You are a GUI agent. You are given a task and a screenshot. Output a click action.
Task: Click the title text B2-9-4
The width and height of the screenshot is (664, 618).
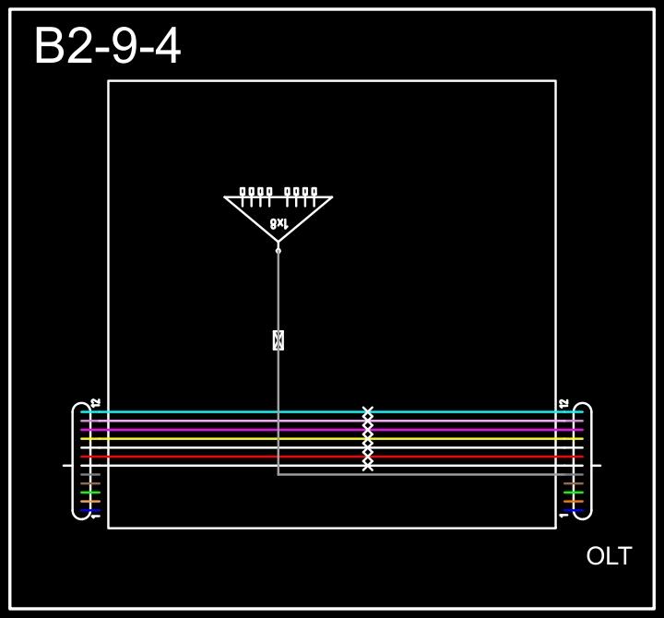pyautogui.click(x=107, y=46)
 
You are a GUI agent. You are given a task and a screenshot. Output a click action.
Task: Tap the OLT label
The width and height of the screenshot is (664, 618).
pyautogui.click(x=609, y=556)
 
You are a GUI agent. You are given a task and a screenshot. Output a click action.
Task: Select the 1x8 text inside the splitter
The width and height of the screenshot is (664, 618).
pyautogui.click(x=279, y=223)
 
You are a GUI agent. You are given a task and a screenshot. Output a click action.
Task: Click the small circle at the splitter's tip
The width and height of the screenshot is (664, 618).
pyautogui.click(x=278, y=250)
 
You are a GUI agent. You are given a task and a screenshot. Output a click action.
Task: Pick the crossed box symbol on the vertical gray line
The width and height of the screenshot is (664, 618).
pyautogui.click(x=278, y=340)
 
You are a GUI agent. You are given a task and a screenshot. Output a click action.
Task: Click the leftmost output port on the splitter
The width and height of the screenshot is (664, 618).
pyautogui.click(x=243, y=193)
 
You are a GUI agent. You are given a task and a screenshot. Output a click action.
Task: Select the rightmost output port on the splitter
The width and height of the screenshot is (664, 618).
pyautogui.click(x=314, y=193)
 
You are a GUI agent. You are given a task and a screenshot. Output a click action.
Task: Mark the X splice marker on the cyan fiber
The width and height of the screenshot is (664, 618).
pyautogui.click(x=367, y=411)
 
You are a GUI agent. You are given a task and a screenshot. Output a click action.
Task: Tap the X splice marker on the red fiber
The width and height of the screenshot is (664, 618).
pyautogui.click(x=367, y=457)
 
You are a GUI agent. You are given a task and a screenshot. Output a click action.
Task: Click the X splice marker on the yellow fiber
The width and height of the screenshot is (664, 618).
pyautogui.click(x=367, y=439)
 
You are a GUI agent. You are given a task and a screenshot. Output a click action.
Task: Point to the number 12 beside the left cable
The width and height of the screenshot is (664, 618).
pyautogui.click(x=95, y=403)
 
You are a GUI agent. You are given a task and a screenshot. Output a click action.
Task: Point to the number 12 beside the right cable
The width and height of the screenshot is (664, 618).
pyautogui.click(x=563, y=403)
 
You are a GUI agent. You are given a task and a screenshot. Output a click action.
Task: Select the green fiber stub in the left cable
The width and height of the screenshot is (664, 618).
pyautogui.click(x=90, y=493)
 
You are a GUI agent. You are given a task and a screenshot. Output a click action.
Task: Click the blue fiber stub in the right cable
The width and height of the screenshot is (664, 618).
pyautogui.click(x=574, y=510)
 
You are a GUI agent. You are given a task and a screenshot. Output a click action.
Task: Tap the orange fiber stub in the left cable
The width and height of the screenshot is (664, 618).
pyautogui.click(x=90, y=502)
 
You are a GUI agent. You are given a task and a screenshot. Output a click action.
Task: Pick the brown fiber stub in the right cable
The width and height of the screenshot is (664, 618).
pyautogui.click(x=574, y=483)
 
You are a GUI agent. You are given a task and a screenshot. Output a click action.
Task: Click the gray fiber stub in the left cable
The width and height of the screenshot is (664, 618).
pyautogui.click(x=90, y=475)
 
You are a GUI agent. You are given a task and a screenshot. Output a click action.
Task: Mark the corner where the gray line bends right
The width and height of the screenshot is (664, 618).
pyautogui.click(x=278, y=475)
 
